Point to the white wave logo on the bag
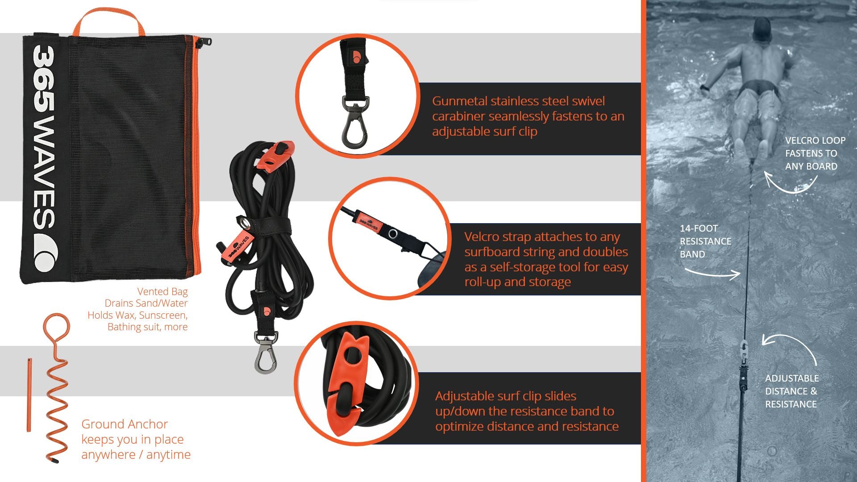(x=46, y=253)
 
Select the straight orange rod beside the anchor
(x=29, y=395)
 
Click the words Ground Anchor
(x=125, y=424)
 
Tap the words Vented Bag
(x=162, y=291)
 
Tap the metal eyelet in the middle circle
(x=393, y=233)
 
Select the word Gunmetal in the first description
(x=460, y=101)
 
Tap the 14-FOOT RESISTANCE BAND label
(x=705, y=241)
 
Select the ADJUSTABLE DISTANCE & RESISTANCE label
(x=792, y=391)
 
